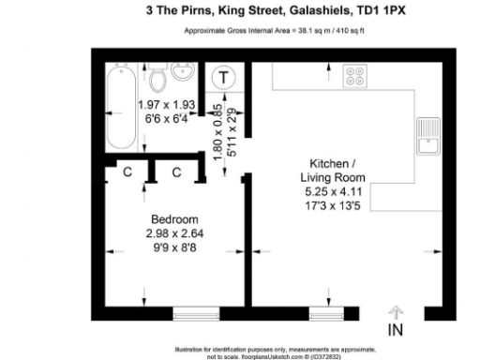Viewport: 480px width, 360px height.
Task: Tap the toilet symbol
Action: [x=156, y=76]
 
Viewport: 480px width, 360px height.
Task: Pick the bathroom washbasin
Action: [x=184, y=73]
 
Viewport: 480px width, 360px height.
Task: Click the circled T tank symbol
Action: [x=225, y=79]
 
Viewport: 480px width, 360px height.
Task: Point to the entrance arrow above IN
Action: [x=396, y=311]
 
